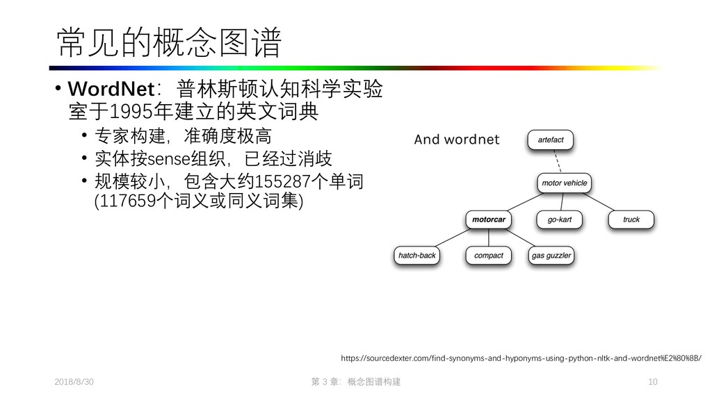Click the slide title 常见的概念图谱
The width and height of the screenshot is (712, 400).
coord(169,43)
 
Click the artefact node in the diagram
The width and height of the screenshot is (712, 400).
coord(551,140)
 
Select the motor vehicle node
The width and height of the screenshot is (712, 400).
coord(564,183)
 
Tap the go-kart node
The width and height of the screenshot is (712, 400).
coord(559,219)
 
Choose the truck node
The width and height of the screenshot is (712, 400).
coord(631,219)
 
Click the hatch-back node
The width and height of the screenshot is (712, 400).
coord(416,256)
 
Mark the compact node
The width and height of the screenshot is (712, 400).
coord(488,256)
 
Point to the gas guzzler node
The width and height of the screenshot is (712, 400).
coord(551,256)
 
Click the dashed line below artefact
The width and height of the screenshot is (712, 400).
coord(557,162)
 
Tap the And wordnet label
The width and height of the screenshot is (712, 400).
coord(456,140)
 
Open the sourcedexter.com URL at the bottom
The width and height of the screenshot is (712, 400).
coord(521,358)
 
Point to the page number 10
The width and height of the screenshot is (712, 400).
coord(652,383)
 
